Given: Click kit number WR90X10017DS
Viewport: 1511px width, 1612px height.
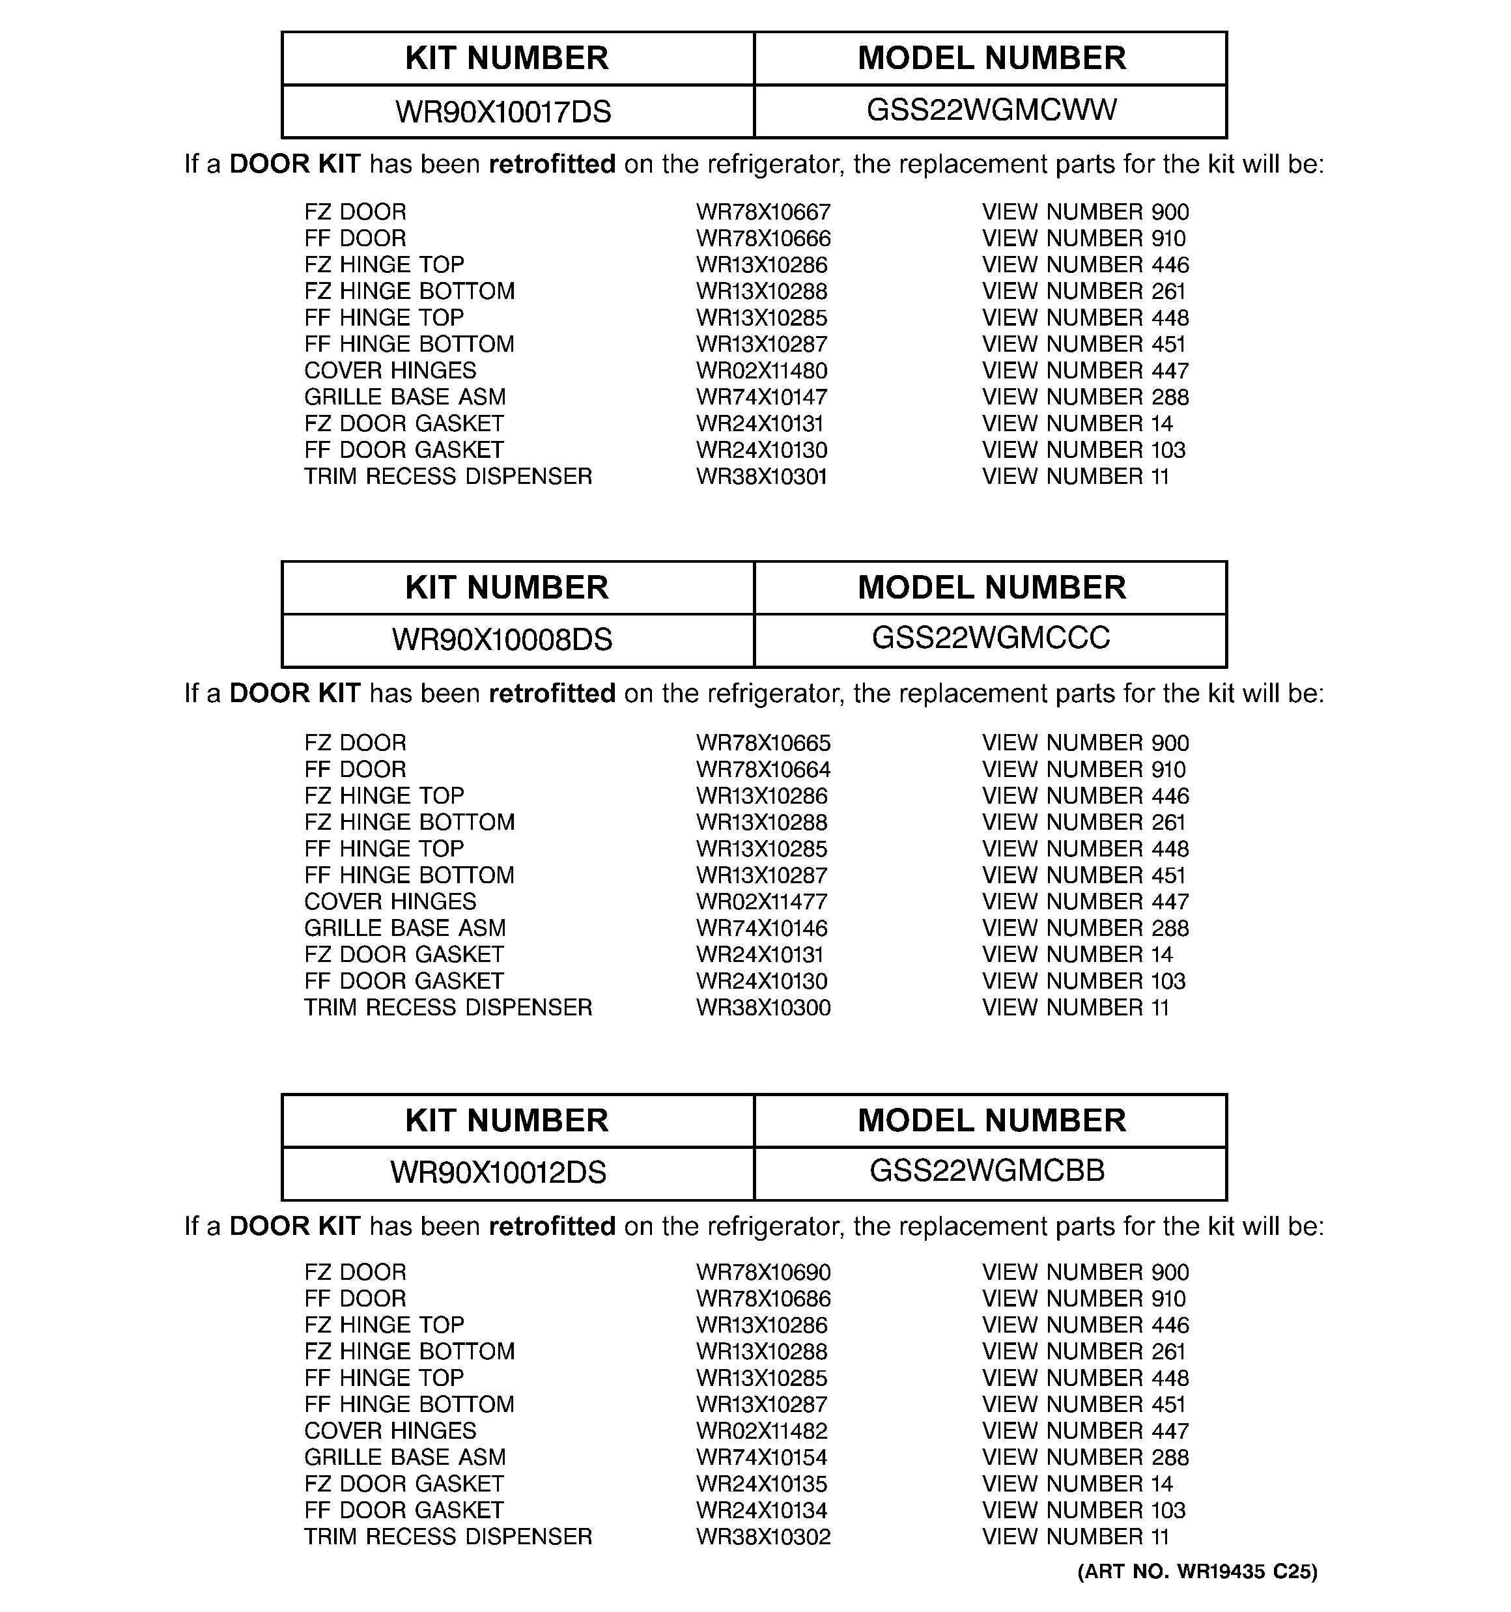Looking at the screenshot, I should pyautogui.click(x=503, y=112).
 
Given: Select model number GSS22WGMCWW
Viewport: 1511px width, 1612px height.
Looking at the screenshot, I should pyautogui.click(x=991, y=110).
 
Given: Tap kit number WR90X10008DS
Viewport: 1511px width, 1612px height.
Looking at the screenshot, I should pyautogui.click(x=502, y=640).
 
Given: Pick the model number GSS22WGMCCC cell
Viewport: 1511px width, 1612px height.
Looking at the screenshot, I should pyautogui.click(x=991, y=638).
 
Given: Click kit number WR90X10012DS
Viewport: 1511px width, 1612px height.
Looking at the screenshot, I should pyautogui.click(x=498, y=1172).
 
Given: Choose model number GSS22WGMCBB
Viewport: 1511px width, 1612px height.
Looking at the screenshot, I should pyautogui.click(x=987, y=1171).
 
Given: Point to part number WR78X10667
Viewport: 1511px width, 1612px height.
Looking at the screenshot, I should pyautogui.click(x=763, y=212).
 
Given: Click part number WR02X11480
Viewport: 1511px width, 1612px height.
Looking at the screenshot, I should pyautogui.click(x=761, y=371).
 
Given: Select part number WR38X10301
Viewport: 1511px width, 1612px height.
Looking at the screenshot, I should pyautogui.click(x=761, y=477).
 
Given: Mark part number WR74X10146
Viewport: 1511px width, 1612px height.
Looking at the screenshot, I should pyautogui.click(x=761, y=928).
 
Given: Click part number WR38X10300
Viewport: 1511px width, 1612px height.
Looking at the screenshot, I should pyautogui.click(x=763, y=1008).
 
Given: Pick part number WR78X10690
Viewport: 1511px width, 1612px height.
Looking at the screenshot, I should pyautogui.click(x=763, y=1272).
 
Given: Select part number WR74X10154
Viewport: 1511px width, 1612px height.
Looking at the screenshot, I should pyautogui.click(x=761, y=1457).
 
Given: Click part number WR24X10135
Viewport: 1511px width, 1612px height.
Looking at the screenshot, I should pyautogui.click(x=761, y=1484).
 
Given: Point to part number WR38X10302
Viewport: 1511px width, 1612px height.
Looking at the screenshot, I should pyautogui.click(x=763, y=1536).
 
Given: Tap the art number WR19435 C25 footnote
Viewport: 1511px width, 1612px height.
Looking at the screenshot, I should pyautogui.click(x=1197, y=1572).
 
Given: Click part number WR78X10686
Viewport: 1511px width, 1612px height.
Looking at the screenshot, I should pyautogui.click(x=763, y=1299).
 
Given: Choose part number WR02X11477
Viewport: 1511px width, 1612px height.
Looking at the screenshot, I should pyautogui.click(x=761, y=901).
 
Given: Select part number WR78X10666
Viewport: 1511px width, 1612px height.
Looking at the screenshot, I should pyautogui.click(x=763, y=239).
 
